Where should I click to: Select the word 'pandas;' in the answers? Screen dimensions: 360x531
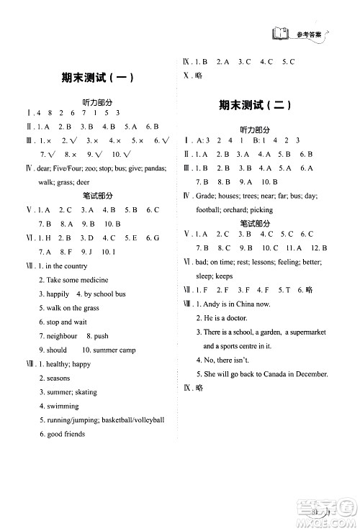[153, 168]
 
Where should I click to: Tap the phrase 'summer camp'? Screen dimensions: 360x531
[109, 350]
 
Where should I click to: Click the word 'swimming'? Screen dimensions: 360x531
[63, 406]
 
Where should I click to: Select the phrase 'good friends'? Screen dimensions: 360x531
[66, 434]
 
